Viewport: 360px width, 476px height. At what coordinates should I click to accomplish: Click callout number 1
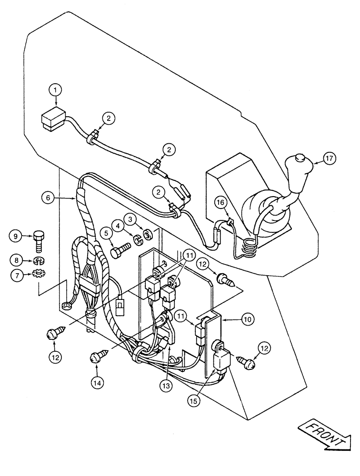(56, 89)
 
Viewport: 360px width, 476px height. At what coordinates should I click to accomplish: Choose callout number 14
(98, 381)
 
